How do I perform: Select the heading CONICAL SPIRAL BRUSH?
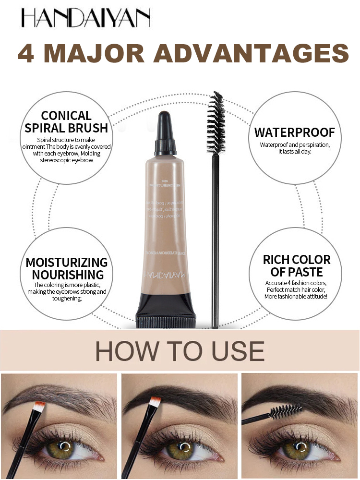click(67, 122)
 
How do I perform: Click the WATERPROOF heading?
click(294, 132)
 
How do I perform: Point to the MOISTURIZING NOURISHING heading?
click(67, 268)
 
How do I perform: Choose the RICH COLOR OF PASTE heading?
click(297, 266)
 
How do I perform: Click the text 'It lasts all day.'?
click(294, 151)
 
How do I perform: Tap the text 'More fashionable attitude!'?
click(296, 297)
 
